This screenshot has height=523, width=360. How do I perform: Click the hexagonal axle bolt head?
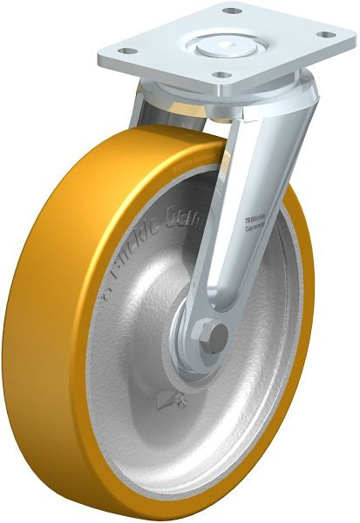pos(212,335)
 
